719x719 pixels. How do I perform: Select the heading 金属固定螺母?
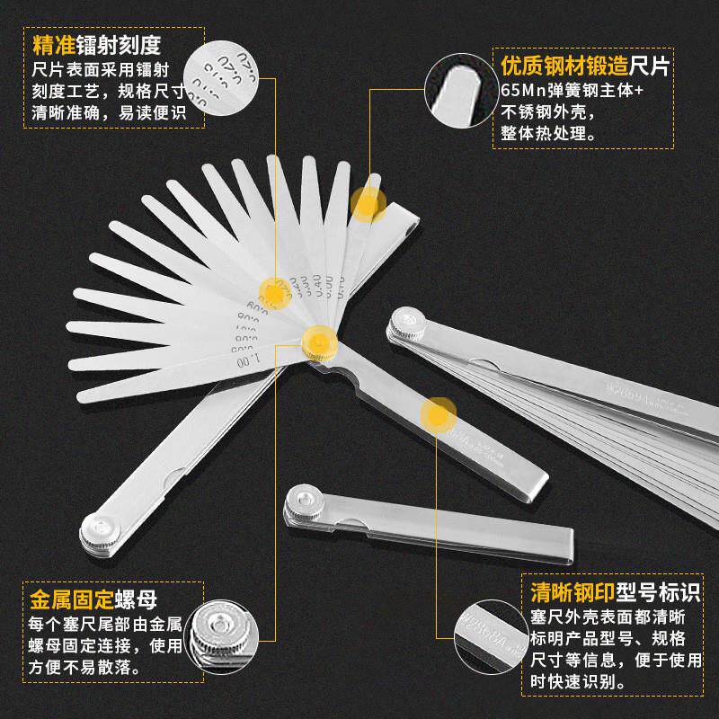click(x=93, y=599)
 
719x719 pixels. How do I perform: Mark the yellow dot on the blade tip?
click(x=367, y=205)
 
